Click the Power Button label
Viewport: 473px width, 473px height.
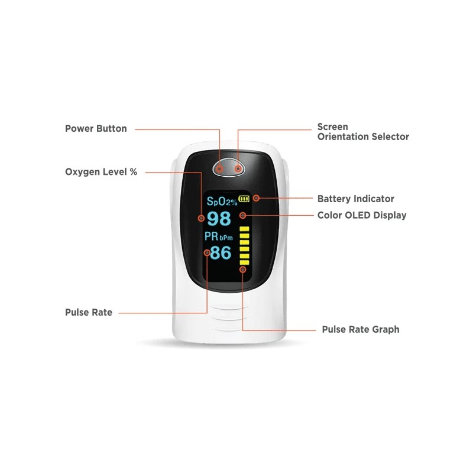pyautogui.click(x=96, y=128)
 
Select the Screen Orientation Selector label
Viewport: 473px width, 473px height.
pyautogui.click(x=363, y=132)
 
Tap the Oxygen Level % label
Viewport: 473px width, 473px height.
pyautogui.click(x=101, y=172)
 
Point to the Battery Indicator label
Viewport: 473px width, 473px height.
pyautogui.click(x=355, y=199)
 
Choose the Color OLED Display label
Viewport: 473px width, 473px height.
pyautogui.click(x=362, y=215)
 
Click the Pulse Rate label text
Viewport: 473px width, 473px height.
pyautogui.click(x=89, y=312)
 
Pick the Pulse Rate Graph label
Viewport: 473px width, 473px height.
pyautogui.click(x=360, y=329)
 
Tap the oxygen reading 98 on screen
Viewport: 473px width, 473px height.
pyautogui.click(x=219, y=219)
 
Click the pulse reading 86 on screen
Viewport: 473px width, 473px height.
pyautogui.click(x=221, y=253)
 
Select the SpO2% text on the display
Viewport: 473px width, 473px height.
pyautogui.click(x=221, y=200)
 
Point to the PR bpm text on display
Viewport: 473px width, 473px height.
pyautogui.click(x=219, y=237)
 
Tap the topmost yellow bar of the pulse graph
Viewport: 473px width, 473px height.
pyautogui.click(x=244, y=228)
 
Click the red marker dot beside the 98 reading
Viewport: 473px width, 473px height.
pyautogui.click(x=201, y=218)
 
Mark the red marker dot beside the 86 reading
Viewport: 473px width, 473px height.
pyautogui.click(x=207, y=253)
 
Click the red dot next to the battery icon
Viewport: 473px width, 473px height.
pyautogui.click(x=256, y=199)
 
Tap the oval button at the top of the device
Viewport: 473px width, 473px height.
pyautogui.click(x=229, y=169)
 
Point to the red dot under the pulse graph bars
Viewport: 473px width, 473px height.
pyautogui.click(x=243, y=270)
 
